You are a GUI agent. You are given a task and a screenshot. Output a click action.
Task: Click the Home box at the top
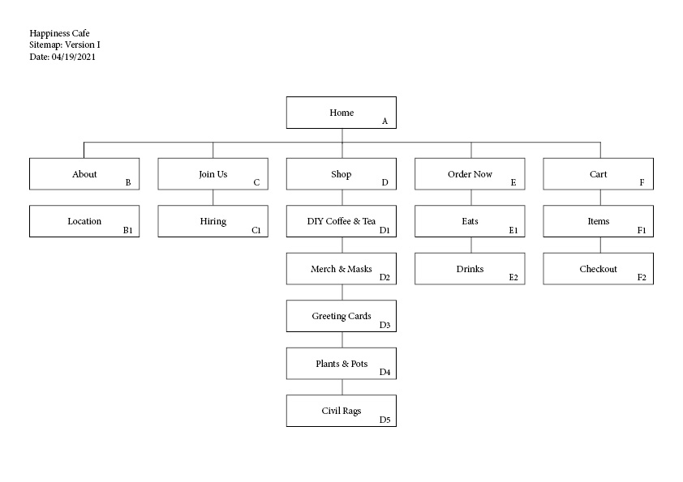341,113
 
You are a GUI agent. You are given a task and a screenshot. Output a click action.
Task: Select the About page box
84,174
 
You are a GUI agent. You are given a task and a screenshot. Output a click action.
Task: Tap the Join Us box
213,174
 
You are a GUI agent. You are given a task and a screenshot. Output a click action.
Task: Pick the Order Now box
470,174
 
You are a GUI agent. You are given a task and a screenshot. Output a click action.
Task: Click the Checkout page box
598,269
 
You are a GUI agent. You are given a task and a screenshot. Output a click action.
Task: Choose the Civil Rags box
341,411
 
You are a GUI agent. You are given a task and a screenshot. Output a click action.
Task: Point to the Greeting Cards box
341,316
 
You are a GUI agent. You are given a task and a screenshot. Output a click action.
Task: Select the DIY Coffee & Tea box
341,221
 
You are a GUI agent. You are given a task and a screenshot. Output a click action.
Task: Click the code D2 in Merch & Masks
384,278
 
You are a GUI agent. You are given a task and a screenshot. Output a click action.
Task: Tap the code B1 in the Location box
127,231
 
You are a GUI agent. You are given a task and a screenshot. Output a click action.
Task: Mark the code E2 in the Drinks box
513,278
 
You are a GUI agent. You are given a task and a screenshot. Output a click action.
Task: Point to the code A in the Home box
384,122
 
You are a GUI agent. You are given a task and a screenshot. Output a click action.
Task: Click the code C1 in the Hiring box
256,231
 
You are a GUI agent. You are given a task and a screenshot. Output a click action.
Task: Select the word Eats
470,221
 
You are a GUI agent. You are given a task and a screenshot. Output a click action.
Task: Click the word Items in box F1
599,221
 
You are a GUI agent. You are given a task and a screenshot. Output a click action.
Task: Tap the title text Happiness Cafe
59,33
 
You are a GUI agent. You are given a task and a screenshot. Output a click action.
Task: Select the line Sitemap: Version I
65,45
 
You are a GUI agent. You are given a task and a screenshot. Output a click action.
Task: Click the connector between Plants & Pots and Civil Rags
341,387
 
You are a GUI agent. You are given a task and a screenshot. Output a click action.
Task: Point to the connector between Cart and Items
600,198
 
